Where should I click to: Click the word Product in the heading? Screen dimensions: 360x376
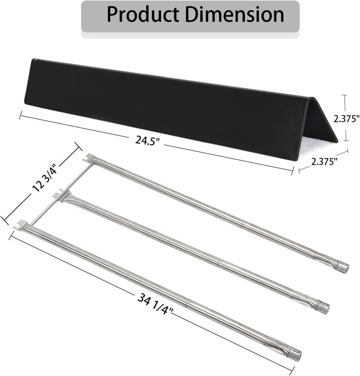click(x=143, y=15)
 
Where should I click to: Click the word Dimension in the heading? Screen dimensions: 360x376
click(x=235, y=15)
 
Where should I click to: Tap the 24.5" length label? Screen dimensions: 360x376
click(x=147, y=140)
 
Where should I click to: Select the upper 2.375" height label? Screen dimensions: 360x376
click(x=347, y=118)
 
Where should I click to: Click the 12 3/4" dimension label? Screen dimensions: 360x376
click(x=45, y=178)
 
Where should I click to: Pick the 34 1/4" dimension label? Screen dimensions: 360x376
click(x=155, y=304)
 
